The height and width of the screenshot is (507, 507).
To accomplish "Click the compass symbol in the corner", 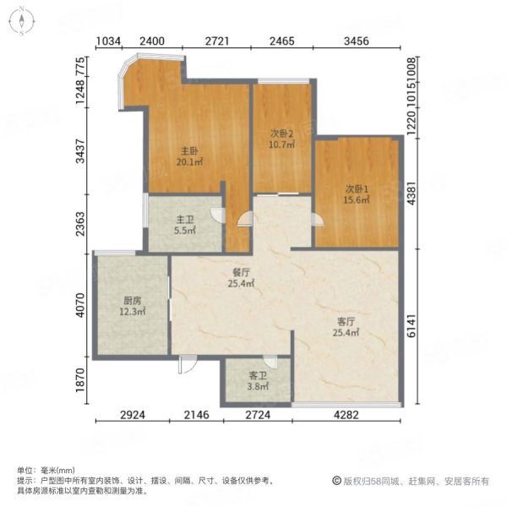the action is pos(22,21).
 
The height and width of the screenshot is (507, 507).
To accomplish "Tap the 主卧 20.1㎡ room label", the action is pos(189,156).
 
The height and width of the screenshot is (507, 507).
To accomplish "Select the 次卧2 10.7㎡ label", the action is pos(281,139).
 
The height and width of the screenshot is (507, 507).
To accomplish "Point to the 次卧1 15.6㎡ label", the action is pos(357,194).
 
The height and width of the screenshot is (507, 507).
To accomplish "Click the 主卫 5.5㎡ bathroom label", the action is pos(185,225).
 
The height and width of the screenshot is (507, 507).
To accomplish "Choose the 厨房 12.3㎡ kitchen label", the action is pos(133,306).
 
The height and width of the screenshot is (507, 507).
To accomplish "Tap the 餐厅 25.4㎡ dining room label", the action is pos(241,278).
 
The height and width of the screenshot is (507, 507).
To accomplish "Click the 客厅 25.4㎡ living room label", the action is pos(346,327).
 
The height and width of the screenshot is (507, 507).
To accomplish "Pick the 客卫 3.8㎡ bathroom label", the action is pos(258,381).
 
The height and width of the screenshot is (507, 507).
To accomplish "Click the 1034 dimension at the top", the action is pos(109,41).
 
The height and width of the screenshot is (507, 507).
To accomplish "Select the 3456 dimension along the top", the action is pos(357,41).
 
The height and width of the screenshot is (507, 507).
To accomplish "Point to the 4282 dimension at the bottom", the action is pos(346,415).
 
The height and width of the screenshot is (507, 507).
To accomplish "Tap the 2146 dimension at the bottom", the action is pos(197,415).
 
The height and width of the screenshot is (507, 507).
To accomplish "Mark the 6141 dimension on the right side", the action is pos(411,325).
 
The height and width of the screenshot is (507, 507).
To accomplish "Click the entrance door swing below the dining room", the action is pos(188,364).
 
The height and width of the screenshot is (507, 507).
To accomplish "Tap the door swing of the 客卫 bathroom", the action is pos(270,362).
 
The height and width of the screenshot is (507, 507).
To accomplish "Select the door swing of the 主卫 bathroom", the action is pos(217,215).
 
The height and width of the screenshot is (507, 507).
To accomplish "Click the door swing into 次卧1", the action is pos(317,219).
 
